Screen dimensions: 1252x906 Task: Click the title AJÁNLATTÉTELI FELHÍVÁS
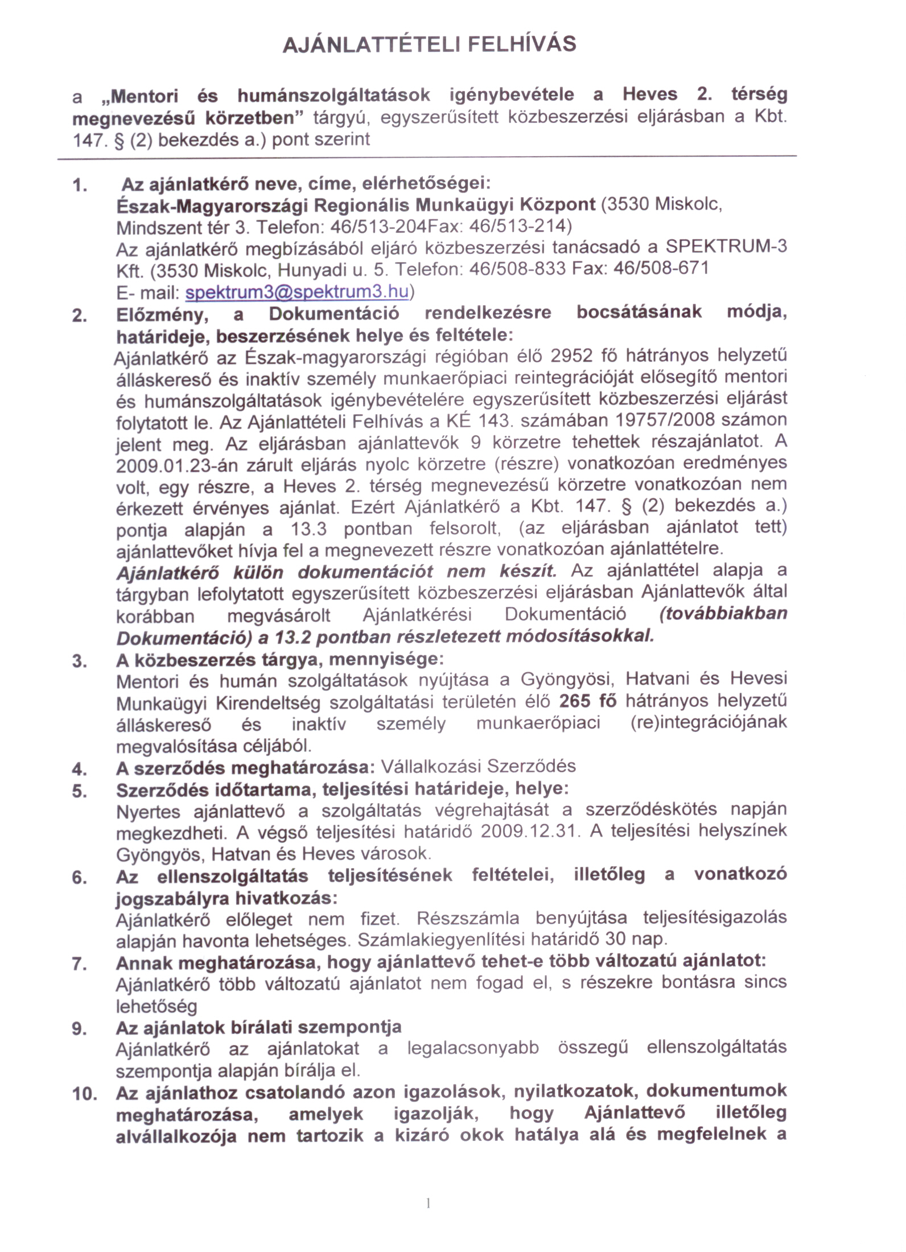click(x=430, y=44)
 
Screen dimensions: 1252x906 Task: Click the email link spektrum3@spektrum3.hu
click(x=297, y=292)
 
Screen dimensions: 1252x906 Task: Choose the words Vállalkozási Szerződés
click(x=478, y=767)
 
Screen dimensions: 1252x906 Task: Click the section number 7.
click(x=79, y=964)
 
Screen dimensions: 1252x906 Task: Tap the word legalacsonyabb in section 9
click(x=473, y=1048)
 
